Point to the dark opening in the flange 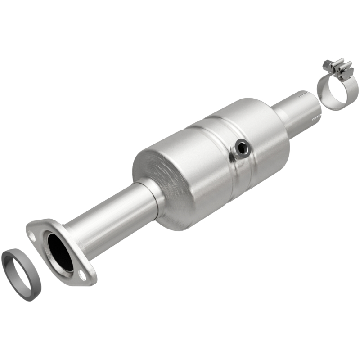pos(60,252)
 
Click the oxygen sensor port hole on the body pos(242,148)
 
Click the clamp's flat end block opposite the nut pos(347,71)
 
